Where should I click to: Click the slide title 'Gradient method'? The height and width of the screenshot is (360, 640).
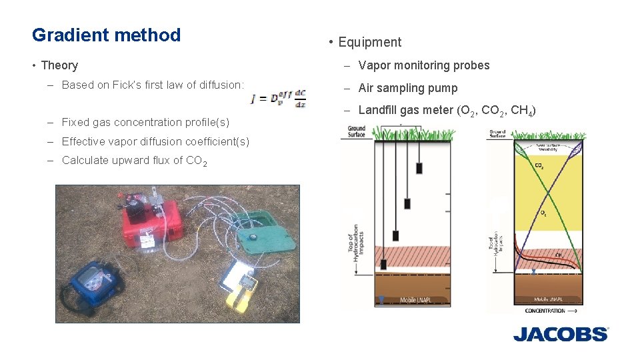click(x=106, y=35)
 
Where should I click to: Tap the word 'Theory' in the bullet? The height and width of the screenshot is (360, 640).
click(x=59, y=65)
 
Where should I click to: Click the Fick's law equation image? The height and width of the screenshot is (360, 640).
click(x=279, y=99)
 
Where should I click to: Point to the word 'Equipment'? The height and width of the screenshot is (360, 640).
click(x=369, y=42)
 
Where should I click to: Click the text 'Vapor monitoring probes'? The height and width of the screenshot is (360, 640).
click(x=423, y=65)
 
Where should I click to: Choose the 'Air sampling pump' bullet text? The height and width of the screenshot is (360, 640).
click(x=407, y=88)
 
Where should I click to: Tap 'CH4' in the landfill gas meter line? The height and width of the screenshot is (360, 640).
click(x=523, y=111)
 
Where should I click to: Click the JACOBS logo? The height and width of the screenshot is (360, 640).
click(x=561, y=333)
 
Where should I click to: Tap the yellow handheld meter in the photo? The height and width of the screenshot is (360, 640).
click(x=244, y=291)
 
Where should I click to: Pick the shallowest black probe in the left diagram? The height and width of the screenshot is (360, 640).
click(x=421, y=169)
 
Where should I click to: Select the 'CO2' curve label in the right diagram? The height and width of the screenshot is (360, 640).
click(x=539, y=165)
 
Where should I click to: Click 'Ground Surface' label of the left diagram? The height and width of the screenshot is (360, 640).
click(x=356, y=131)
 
